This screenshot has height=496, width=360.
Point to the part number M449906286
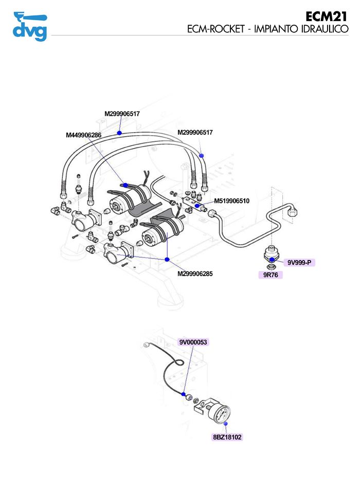84,135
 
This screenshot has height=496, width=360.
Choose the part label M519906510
231,201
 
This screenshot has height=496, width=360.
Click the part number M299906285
195,274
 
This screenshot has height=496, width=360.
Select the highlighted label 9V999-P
300,263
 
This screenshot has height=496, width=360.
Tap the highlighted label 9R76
271,275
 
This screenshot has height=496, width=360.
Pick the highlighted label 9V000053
193,342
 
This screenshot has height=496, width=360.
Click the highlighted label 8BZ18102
227,437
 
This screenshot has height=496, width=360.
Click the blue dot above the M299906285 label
167,260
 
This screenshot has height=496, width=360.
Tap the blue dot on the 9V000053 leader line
183,394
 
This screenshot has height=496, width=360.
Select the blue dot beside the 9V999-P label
272,260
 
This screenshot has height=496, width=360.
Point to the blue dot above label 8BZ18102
226,423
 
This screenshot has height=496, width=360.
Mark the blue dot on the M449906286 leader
125,185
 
